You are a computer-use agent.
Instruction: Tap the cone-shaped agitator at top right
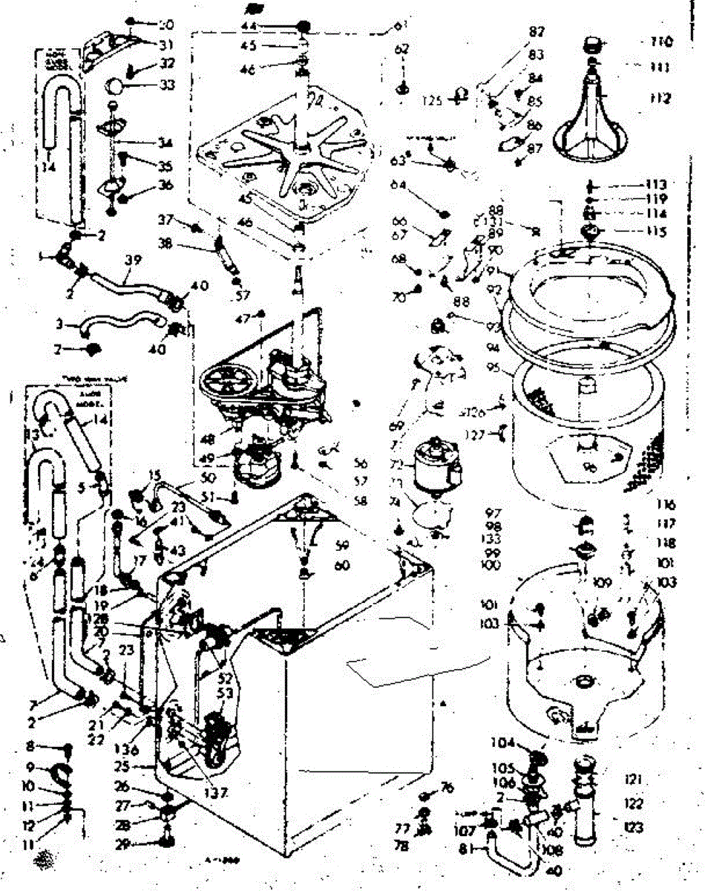597,119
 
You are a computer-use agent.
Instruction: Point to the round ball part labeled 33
117,84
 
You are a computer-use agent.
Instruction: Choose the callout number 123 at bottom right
633,826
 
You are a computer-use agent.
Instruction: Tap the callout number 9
30,766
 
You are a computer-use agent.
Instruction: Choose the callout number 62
402,50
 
